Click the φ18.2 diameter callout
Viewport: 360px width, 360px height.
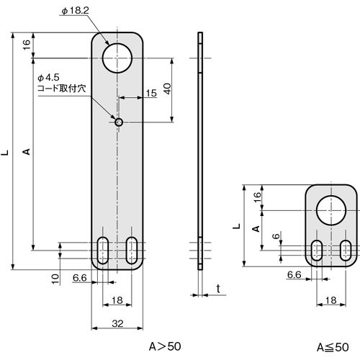[75, 11]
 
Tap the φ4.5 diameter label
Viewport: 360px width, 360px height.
[48, 78]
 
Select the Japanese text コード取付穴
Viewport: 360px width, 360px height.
[62, 89]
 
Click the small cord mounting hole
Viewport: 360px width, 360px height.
[119, 122]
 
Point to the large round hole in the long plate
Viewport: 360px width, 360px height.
[117, 58]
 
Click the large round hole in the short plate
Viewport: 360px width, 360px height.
[331, 210]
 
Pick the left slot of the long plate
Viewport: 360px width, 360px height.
[103, 251]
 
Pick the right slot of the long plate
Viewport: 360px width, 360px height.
[132, 251]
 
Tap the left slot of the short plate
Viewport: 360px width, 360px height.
[317, 250]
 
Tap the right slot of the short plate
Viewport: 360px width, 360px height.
[346, 250]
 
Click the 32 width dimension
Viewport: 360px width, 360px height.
[117, 324]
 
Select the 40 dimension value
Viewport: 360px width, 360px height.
[167, 89]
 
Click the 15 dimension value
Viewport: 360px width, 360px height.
[151, 93]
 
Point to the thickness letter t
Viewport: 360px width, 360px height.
[218, 289]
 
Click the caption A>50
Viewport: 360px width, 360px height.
[165, 346]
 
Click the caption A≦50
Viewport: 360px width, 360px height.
[333, 347]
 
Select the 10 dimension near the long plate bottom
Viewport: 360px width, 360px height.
[55, 279]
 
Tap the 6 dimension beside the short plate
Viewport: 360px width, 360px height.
[276, 236]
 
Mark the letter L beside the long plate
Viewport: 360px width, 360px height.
[5, 152]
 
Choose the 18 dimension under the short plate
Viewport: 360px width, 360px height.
[331, 300]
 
